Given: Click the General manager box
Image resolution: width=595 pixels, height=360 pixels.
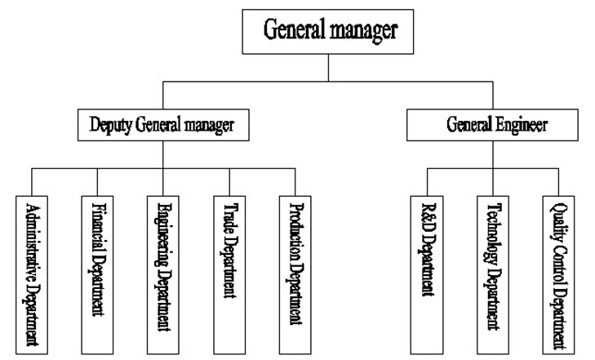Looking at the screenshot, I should pos(329,31).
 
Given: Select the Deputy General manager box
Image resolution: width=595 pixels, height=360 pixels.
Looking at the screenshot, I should pos(162,127).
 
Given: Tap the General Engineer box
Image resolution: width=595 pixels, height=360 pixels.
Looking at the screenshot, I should pos(496,127).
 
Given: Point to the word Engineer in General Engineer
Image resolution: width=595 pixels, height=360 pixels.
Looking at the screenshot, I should pos(522,127).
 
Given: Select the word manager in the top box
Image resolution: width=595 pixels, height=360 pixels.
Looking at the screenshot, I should pos(364,31).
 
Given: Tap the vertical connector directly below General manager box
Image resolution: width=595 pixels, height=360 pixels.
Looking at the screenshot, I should pos(329,69).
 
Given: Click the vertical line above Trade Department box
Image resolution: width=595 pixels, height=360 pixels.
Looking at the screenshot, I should pos(228,182).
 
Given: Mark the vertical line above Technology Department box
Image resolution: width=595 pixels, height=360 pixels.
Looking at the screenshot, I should pos(491,182).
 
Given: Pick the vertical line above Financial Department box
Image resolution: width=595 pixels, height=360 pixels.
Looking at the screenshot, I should pos(96,182).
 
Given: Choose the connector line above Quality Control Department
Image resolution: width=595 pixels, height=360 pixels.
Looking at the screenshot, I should pos(557,182).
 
